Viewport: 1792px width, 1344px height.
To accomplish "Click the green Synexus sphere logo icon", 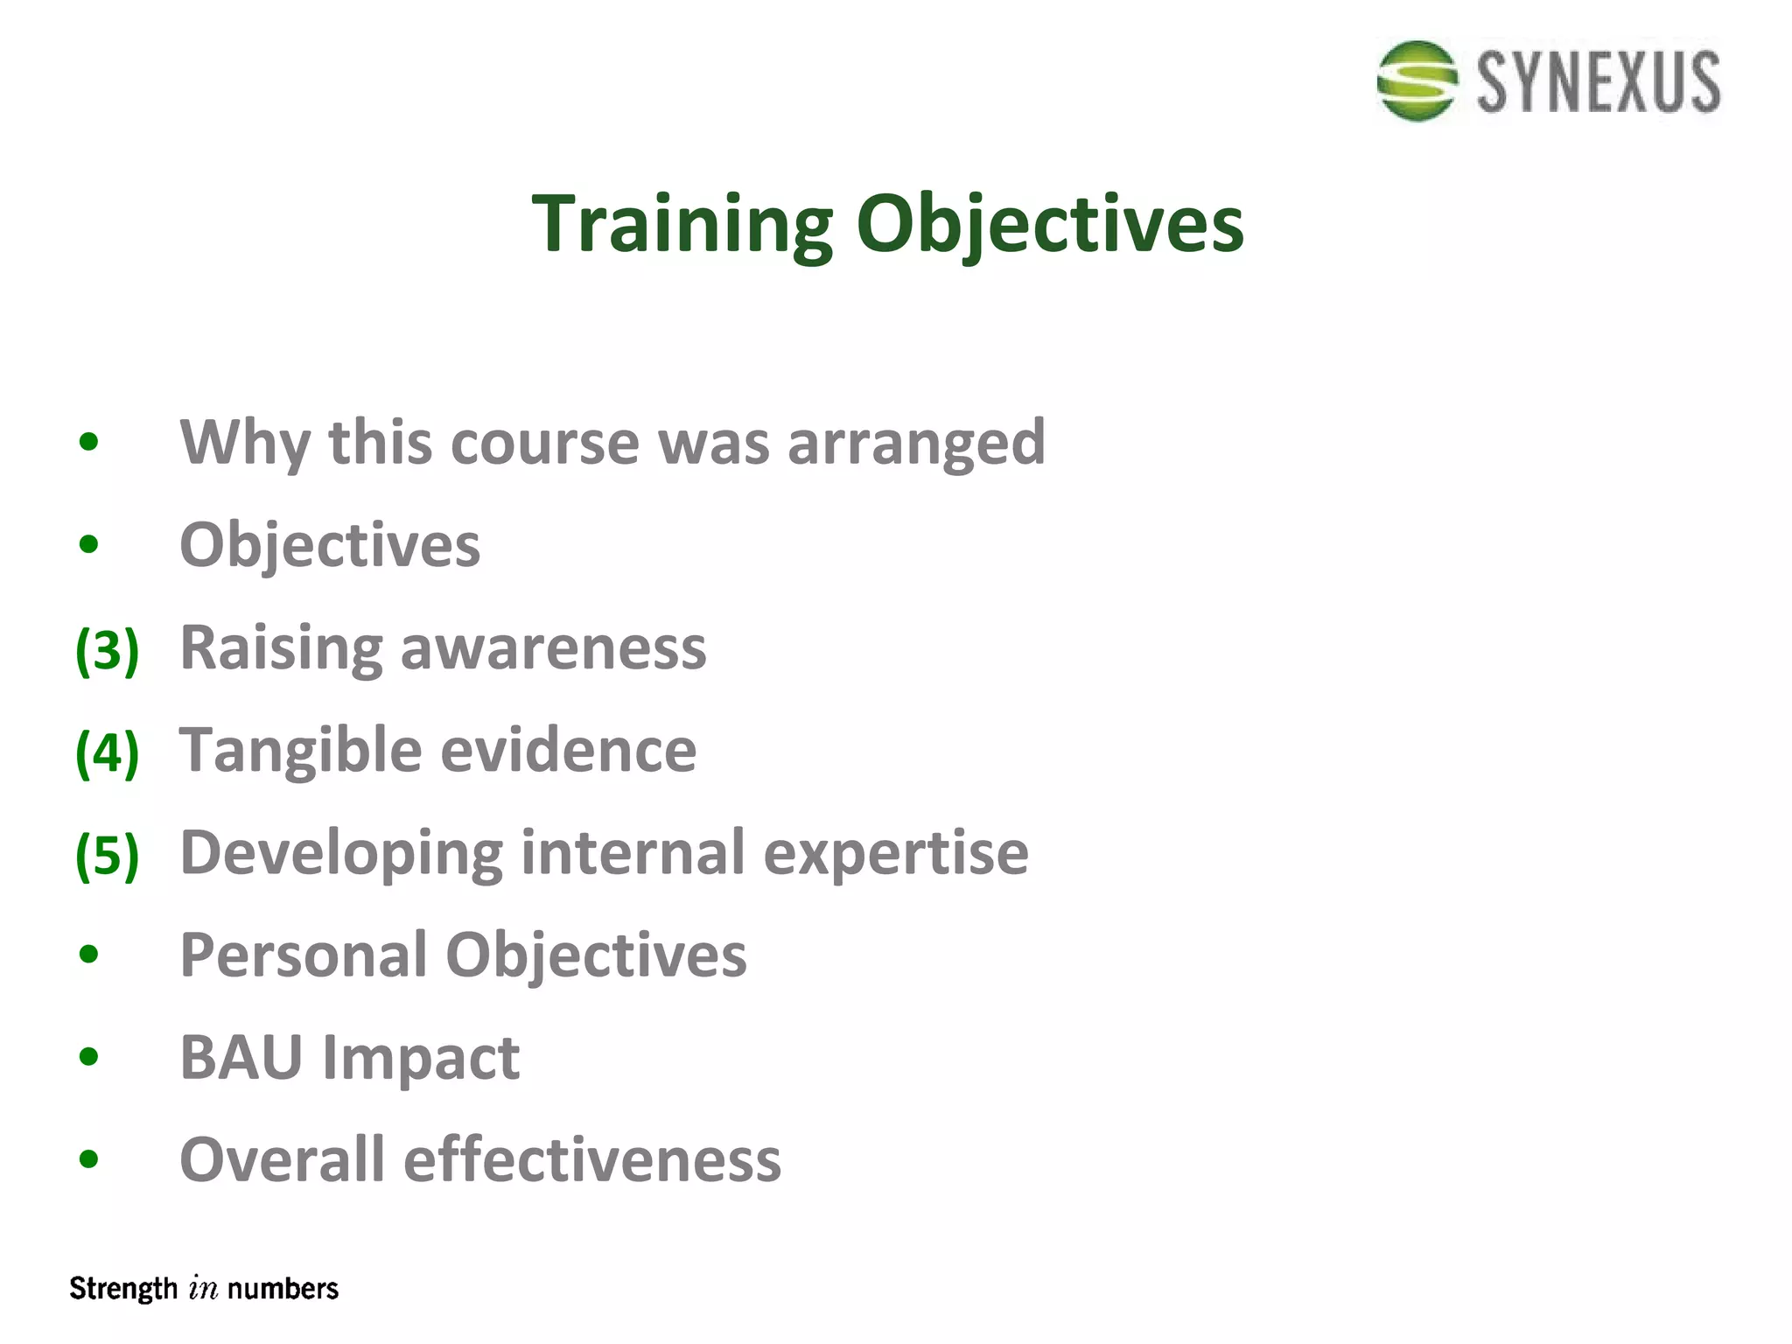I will coord(1417,80).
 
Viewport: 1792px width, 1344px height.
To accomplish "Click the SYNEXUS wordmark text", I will coord(1599,82).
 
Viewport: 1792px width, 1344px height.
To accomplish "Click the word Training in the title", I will coord(682,224).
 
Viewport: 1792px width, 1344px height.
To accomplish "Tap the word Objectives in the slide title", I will coord(1049,224).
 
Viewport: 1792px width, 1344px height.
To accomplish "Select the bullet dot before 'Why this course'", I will coord(88,442).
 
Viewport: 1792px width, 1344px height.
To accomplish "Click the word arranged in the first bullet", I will coord(916,444).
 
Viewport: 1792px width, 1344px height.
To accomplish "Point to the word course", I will coord(545,442).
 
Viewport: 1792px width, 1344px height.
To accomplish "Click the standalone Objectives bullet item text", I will coord(330,545).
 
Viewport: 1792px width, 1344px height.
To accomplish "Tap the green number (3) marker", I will coord(107,650).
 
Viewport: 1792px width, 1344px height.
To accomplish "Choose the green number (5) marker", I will coord(107,855).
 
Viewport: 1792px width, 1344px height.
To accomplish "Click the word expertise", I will coord(896,853).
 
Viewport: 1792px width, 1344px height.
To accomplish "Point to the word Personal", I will coord(303,955).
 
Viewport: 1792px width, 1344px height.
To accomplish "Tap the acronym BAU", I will coord(241,1057).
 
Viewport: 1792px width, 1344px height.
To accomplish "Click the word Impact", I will coord(421,1059).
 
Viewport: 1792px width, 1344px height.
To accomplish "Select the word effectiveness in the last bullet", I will coord(591,1159).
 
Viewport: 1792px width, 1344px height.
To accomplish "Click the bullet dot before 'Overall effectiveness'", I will coord(88,1159).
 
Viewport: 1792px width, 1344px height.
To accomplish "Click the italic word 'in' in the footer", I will coord(203,1289).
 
